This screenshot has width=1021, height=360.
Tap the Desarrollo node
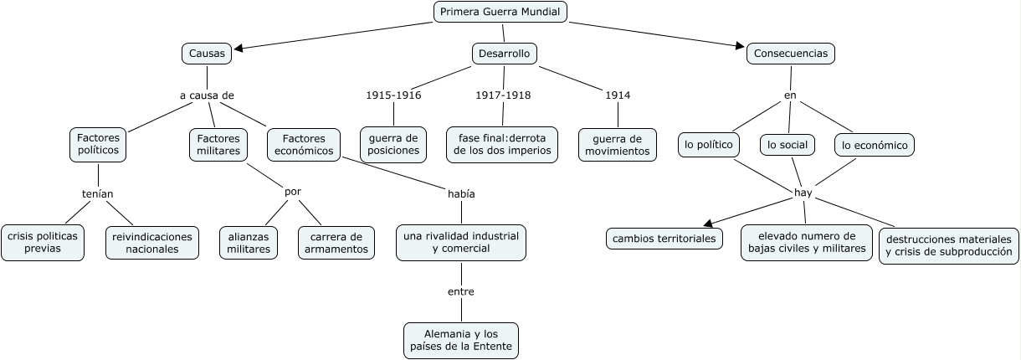pyautogui.click(x=504, y=54)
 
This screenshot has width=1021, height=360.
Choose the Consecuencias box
pyautogui.click(x=791, y=54)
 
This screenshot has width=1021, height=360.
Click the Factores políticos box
pyautogui.click(x=98, y=144)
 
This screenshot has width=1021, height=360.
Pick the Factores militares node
pyautogui.click(x=218, y=144)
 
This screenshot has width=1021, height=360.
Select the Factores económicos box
pyautogui.click(x=304, y=144)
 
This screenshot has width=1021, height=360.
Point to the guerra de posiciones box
pyautogui.click(x=393, y=144)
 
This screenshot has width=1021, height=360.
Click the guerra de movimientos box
pyautogui.click(x=618, y=144)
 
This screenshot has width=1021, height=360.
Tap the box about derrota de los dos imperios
pyautogui.click(x=502, y=144)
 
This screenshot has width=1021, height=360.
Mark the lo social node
pyautogui.click(x=788, y=145)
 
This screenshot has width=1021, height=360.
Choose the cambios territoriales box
pyautogui.click(x=664, y=239)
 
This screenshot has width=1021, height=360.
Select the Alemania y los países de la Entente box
pyautogui.click(x=460, y=340)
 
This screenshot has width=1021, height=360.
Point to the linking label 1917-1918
pyautogui.click(x=503, y=95)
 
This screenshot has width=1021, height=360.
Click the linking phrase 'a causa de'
pyautogui.click(x=207, y=95)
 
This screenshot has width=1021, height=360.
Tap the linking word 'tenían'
pyautogui.click(x=97, y=194)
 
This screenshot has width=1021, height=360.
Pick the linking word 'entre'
pyautogui.click(x=460, y=291)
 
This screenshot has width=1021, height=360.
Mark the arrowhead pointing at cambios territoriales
pyautogui.click(x=709, y=223)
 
